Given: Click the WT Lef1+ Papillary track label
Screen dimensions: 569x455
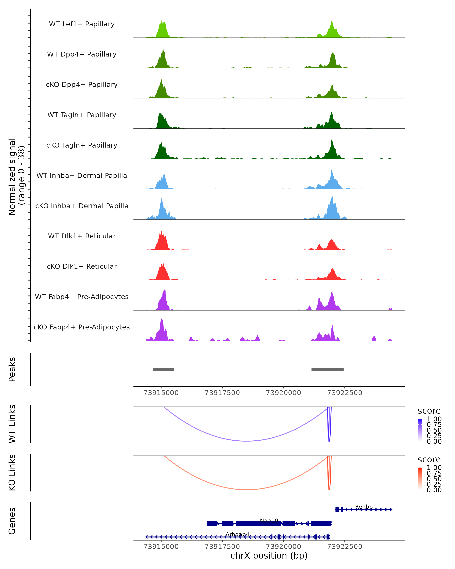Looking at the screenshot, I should tap(82, 24).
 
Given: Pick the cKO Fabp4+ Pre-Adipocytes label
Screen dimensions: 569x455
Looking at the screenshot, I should tap(82, 327).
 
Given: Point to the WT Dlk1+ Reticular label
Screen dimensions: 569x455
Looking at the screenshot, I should tap(82, 236).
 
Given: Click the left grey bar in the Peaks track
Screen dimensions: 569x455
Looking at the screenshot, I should tap(164, 369).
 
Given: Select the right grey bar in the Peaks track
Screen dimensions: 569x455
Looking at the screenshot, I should tap(327, 369).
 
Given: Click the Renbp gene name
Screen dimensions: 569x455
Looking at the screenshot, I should tap(364, 507).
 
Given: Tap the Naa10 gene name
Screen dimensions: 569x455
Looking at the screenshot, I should tap(269, 520).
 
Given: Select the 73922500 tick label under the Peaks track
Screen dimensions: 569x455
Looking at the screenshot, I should tap(344, 393).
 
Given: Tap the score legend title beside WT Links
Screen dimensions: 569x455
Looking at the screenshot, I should tap(429, 411).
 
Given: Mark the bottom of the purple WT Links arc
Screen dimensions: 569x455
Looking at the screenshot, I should tap(247, 441).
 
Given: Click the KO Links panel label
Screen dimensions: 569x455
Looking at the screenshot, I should tap(12, 472).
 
